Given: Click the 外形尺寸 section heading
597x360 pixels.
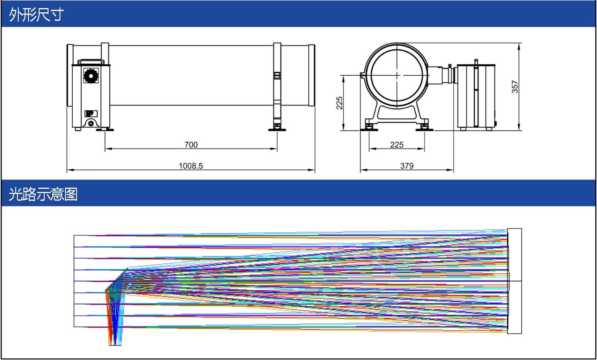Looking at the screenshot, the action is (36, 14).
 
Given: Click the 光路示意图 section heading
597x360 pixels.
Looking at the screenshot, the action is (43, 194).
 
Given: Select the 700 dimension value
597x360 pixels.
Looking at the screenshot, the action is (191, 145).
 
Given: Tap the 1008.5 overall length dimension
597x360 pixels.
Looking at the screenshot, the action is (191, 166).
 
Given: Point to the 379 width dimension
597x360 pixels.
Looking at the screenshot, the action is (407, 166).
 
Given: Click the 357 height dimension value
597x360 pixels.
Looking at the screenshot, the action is (515, 87).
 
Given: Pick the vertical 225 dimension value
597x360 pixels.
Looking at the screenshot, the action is (339, 103).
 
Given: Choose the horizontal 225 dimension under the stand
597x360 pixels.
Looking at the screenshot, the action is (397, 145).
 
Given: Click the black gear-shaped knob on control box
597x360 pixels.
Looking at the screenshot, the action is (91, 76).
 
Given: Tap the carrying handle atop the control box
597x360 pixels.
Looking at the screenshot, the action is (91, 62).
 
